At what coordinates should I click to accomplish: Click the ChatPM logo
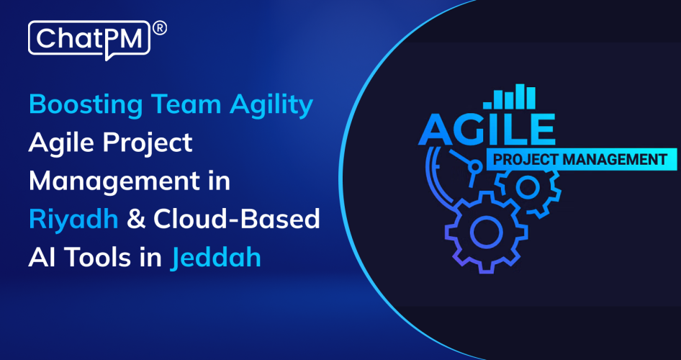[89, 37]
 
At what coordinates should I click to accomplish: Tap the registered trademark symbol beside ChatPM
[161, 28]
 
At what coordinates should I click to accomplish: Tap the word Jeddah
[216, 258]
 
